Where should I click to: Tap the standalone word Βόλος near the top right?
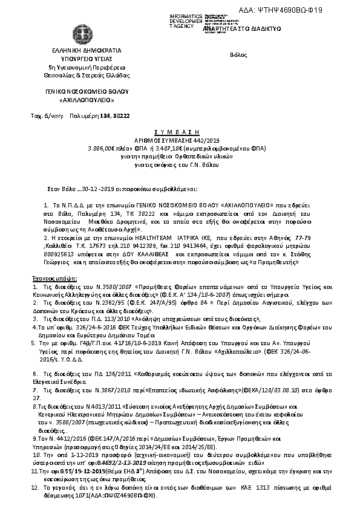tap(239, 55)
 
